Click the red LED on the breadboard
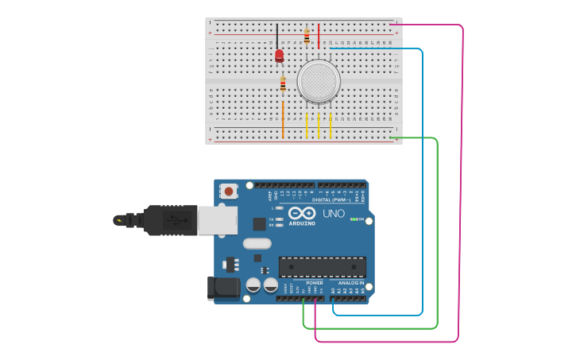pos(279,56)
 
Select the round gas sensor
pos(319,81)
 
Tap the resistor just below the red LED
pos(283,83)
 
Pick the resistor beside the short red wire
pos(307,37)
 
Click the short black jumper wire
pos(277,36)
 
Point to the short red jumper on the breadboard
pos(319,36)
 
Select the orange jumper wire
pos(283,119)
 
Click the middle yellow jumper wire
pos(319,125)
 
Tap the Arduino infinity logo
pos(302,214)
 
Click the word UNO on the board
pos(333,214)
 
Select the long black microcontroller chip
pos(322,267)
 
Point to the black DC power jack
pos(222,288)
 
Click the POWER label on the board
pos(315,282)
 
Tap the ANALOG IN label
pos(350,282)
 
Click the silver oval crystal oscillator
pos(257,244)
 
